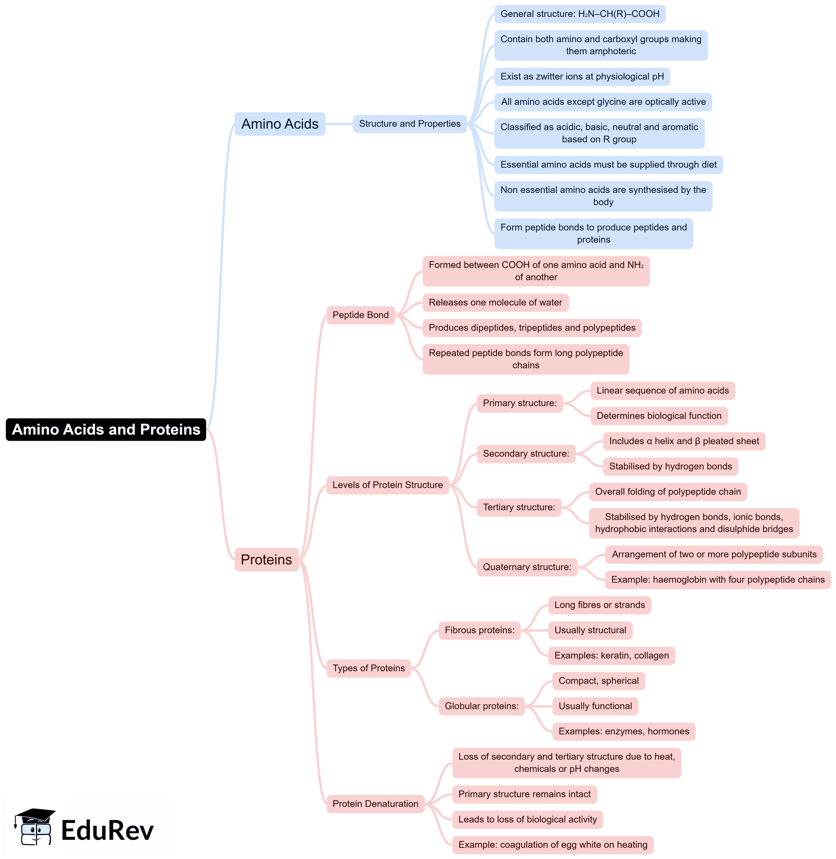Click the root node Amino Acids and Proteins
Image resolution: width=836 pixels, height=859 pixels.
106,429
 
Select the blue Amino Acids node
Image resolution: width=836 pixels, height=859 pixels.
280,124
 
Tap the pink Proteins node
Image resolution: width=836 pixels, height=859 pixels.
266,560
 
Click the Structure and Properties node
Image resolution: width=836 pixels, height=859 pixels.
409,124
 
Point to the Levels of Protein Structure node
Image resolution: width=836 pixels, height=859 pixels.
387,485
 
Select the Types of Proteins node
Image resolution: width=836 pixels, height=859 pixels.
368,668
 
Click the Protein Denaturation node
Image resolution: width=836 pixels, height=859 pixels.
375,804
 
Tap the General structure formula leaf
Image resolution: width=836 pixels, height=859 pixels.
580,14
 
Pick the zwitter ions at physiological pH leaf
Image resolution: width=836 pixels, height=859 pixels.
582,76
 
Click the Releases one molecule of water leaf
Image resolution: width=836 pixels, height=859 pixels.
495,302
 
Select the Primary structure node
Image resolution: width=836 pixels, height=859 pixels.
519,403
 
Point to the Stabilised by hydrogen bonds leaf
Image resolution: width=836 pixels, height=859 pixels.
670,467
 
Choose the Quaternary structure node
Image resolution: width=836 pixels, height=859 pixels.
527,567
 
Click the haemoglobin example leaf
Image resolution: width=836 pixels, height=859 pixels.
717,580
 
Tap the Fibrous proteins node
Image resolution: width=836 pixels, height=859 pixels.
479,630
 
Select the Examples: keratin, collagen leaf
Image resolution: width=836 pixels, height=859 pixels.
611,655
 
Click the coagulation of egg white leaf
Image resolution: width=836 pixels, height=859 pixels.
552,845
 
